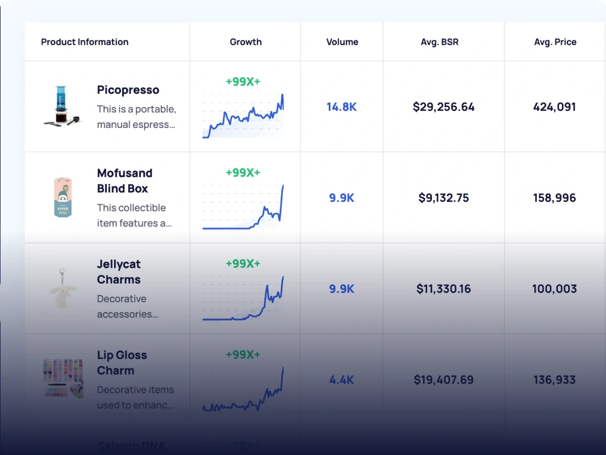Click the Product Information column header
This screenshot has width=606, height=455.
pyautogui.click(x=85, y=42)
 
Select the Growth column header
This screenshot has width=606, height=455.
pyautogui.click(x=245, y=42)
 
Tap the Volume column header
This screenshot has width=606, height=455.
pyautogui.click(x=342, y=42)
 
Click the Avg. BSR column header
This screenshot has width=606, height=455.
pyautogui.click(x=439, y=42)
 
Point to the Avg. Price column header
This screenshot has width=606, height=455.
pyautogui.click(x=555, y=42)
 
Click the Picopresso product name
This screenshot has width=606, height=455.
pyautogui.click(x=128, y=90)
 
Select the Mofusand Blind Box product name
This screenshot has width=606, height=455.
pyautogui.click(x=124, y=180)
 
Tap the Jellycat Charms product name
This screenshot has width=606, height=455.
pyautogui.click(x=119, y=271)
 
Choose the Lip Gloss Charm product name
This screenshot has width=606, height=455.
pyautogui.click(x=122, y=362)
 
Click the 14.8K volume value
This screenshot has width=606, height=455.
pyautogui.click(x=341, y=107)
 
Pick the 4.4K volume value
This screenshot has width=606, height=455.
pyautogui.click(x=341, y=380)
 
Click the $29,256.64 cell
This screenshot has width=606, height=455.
pyautogui.click(x=443, y=107)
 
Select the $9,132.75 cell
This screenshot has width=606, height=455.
pyautogui.click(x=443, y=198)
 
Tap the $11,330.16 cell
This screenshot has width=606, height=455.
pyautogui.click(x=443, y=289)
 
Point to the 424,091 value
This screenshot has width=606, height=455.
pyautogui.click(x=554, y=107)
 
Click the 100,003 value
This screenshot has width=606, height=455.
pyautogui.click(x=554, y=289)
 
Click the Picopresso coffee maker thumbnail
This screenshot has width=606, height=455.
pyautogui.click(x=61, y=106)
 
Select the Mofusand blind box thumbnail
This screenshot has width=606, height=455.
pyautogui.click(x=63, y=197)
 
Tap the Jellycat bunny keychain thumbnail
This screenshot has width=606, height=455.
pyautogui.click(x=63, y=289)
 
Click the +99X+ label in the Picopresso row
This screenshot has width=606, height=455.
pyautogui.click(x=243, y=81)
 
